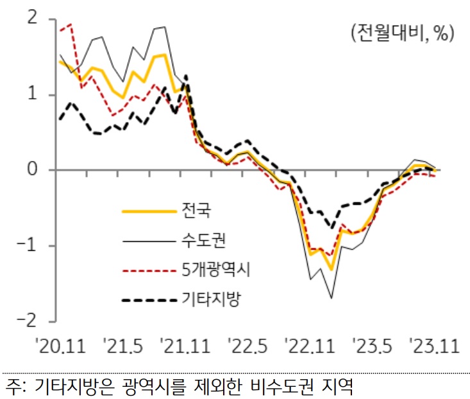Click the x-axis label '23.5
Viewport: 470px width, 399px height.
[370, 348]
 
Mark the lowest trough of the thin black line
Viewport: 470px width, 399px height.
[332, 298]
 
